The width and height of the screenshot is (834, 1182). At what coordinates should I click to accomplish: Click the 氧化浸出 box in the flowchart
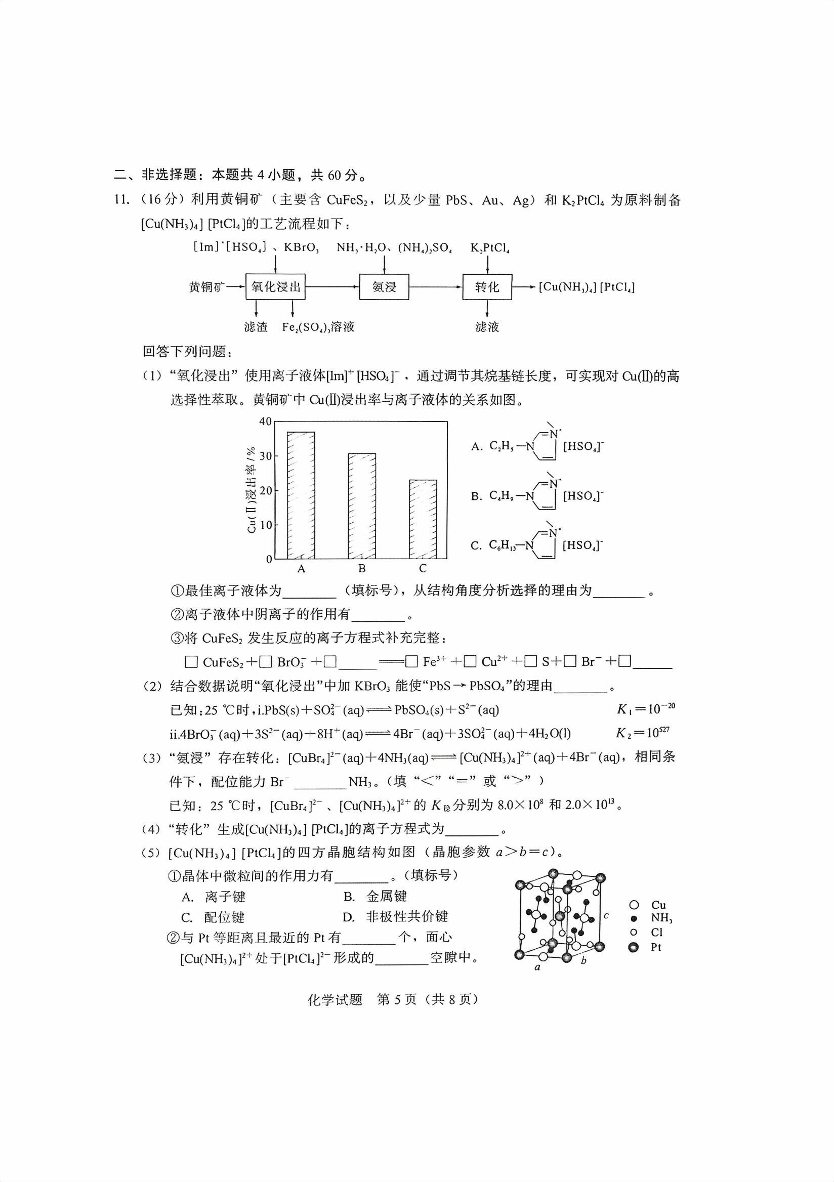click(275, 287)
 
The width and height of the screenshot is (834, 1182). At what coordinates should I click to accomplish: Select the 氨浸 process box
click(384, 287)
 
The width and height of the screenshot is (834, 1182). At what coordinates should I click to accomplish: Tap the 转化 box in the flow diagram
click(487, 287)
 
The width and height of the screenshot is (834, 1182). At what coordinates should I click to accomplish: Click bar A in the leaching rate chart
click(301, 495)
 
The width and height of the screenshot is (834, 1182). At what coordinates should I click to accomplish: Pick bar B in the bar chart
click(362, 506)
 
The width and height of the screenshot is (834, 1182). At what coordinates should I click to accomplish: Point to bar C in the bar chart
click(423, 519)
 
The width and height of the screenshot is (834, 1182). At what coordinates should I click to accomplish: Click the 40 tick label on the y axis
click(265, 421)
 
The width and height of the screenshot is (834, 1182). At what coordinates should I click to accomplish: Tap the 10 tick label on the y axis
click(265, 525)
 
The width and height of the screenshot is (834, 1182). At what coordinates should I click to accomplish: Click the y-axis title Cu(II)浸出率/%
click(251, 490)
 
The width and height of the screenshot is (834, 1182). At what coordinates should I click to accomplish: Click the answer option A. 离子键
click(214, 897)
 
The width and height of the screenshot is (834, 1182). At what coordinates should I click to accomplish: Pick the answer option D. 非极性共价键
click(395, 917)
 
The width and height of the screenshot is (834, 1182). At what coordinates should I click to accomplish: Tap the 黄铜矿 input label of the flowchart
click(206, 287)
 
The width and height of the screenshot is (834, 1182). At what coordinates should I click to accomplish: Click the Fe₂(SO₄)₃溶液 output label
click(318, 327)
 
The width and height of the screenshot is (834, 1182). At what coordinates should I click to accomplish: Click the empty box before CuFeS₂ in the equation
click(191, 662)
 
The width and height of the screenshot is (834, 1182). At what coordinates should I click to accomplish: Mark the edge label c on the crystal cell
click(606, 916)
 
